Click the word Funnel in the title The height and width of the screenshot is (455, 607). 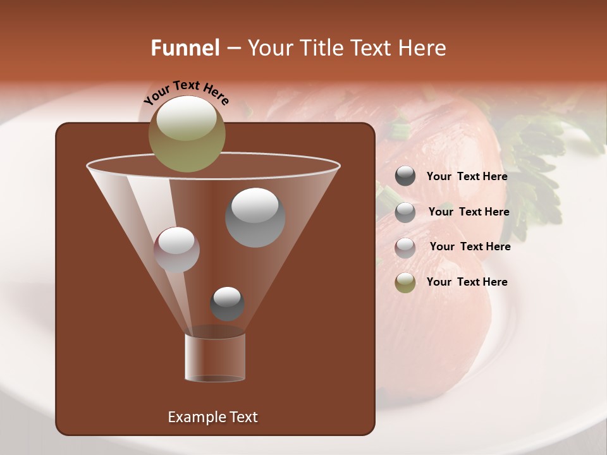185,48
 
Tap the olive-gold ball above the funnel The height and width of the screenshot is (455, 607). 187,133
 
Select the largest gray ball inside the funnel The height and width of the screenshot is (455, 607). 255,217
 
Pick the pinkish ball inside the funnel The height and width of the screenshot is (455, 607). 176,250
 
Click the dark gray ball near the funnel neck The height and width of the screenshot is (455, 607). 227,303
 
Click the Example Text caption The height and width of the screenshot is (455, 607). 212,417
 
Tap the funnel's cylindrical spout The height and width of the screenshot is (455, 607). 215,357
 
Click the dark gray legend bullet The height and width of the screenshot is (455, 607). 405,176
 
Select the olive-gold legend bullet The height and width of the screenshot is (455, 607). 405,282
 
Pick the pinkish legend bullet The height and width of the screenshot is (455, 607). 405,247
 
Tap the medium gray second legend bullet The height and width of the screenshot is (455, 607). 405,212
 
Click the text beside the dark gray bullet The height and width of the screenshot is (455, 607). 467,176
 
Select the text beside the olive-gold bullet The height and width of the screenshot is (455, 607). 467,282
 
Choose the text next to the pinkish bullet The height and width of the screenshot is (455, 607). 470,246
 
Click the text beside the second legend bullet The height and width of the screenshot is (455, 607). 469,212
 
